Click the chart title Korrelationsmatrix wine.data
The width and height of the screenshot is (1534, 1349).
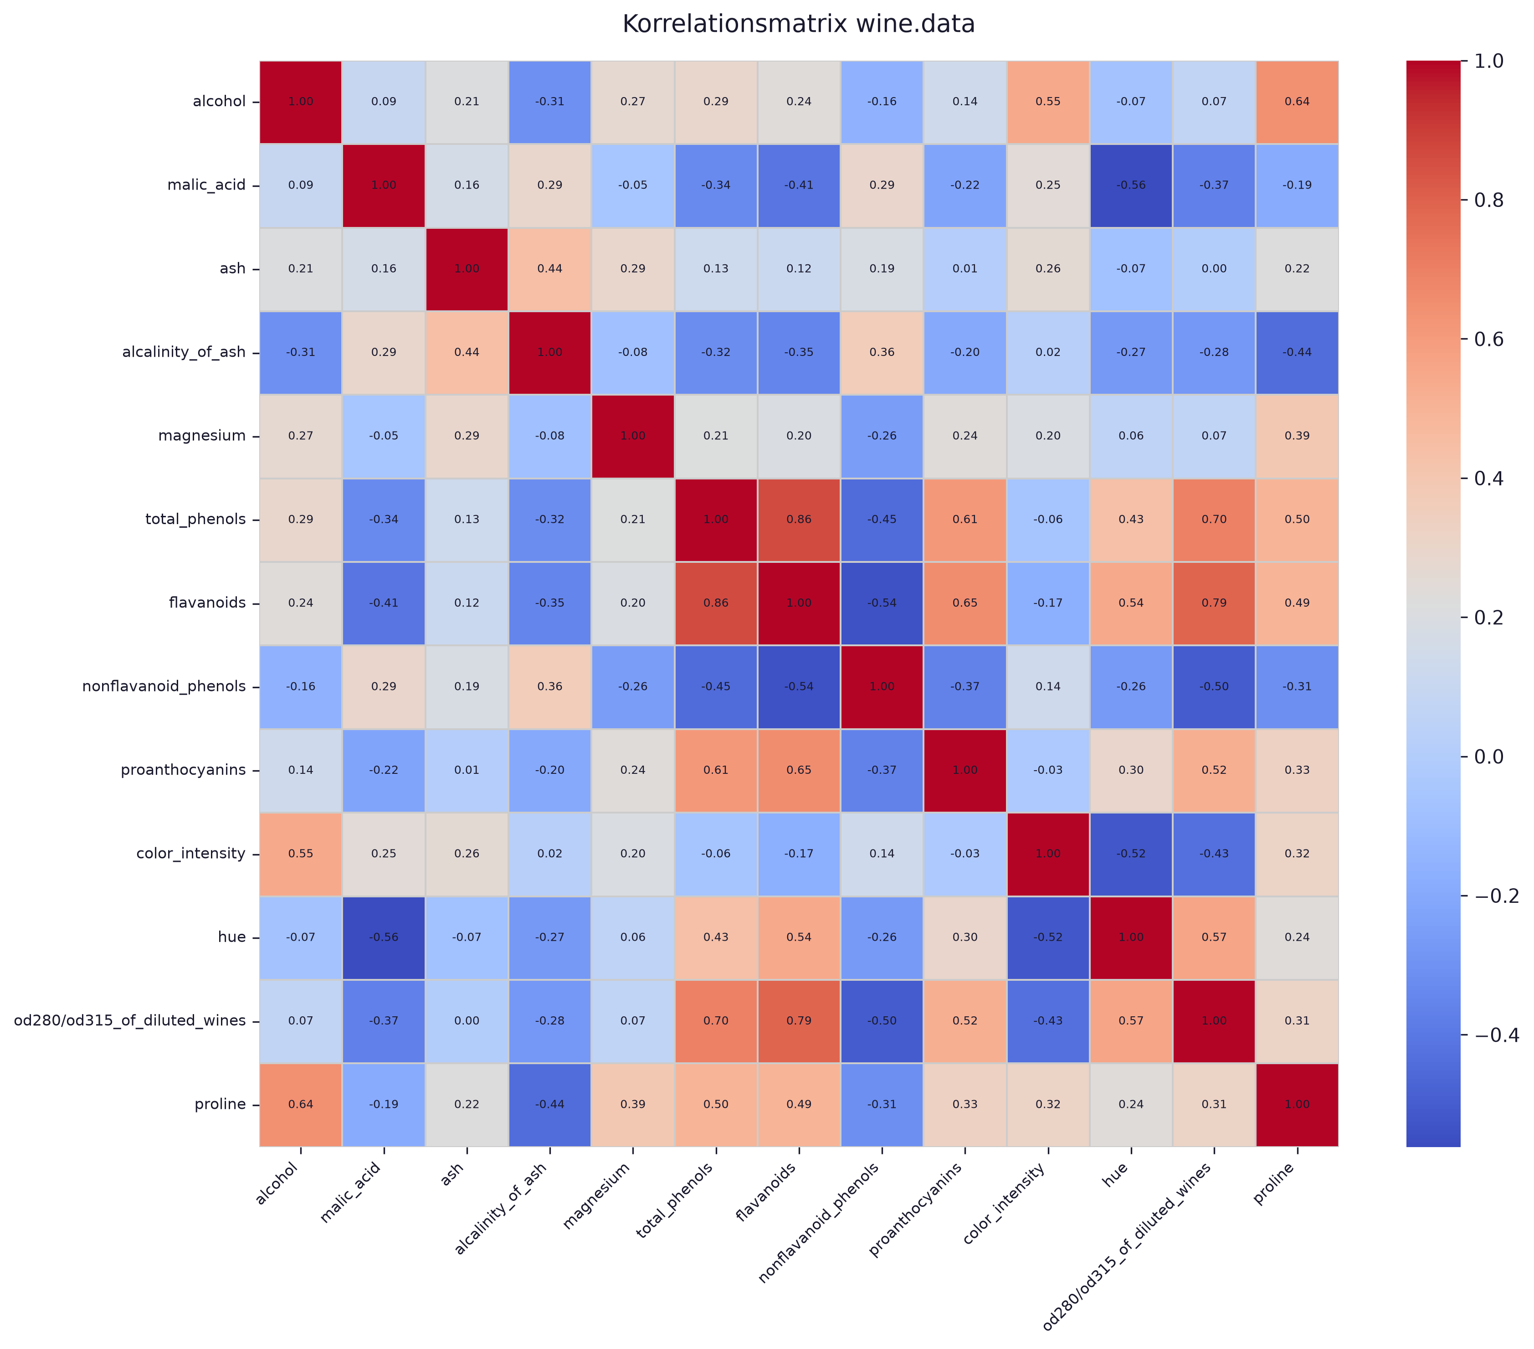(799, 24)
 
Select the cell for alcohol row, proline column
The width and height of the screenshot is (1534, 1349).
(1297, 101)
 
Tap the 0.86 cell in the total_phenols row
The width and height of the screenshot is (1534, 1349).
(799, 520)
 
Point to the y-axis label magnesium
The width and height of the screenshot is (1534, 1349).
(202, 435)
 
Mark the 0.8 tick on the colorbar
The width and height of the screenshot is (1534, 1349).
(1464, 200)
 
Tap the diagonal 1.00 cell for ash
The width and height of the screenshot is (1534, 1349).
(467, 269)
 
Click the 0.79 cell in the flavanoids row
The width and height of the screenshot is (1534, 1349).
(1214, 603)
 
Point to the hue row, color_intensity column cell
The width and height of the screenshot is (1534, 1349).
(1048, 937)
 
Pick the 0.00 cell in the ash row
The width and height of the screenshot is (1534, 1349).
(1214, 269)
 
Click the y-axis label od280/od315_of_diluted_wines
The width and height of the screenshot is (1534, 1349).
(130, 1021)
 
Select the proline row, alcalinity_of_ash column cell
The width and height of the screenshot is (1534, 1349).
(550, 1104)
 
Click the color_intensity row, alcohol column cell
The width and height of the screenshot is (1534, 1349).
(301, 854)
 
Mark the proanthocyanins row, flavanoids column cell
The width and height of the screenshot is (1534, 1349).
(799, 770)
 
